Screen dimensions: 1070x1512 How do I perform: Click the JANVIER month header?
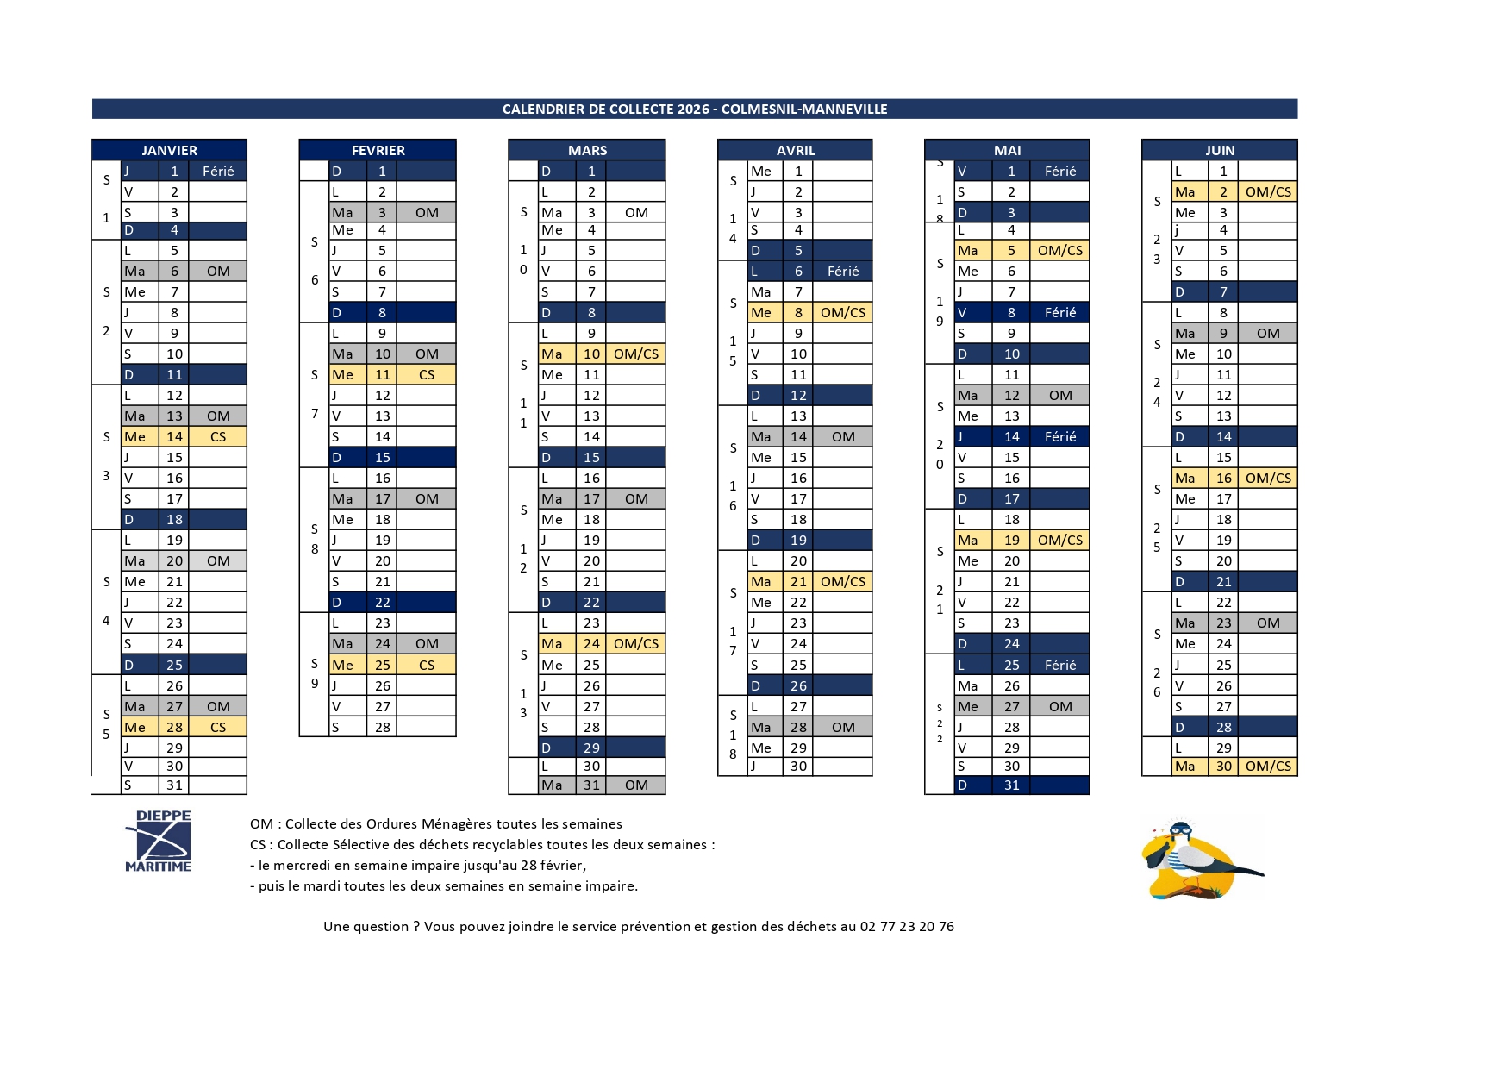169,150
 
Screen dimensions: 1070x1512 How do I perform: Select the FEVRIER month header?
378,150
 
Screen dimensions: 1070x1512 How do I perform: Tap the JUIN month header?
1219,150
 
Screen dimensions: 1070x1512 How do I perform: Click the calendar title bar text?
694,109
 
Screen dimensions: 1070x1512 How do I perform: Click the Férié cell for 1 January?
218,171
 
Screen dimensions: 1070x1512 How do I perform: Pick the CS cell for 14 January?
218,436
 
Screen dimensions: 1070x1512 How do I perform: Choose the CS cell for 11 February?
427,374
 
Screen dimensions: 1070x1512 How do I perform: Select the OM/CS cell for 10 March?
636,354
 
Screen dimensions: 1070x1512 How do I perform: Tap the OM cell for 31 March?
636,785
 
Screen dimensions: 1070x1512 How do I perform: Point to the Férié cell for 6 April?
843,271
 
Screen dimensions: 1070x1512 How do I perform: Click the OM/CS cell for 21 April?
843,581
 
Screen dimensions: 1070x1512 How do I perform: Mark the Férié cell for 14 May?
1060,436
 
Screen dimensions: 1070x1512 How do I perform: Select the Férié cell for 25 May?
1060,665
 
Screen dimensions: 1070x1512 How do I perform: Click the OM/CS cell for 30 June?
1268,766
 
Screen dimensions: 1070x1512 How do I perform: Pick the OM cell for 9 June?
1268,333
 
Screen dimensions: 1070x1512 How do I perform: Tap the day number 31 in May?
1011,785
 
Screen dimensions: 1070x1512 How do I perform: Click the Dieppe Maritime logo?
159,841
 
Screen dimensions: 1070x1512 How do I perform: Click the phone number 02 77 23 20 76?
907,926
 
